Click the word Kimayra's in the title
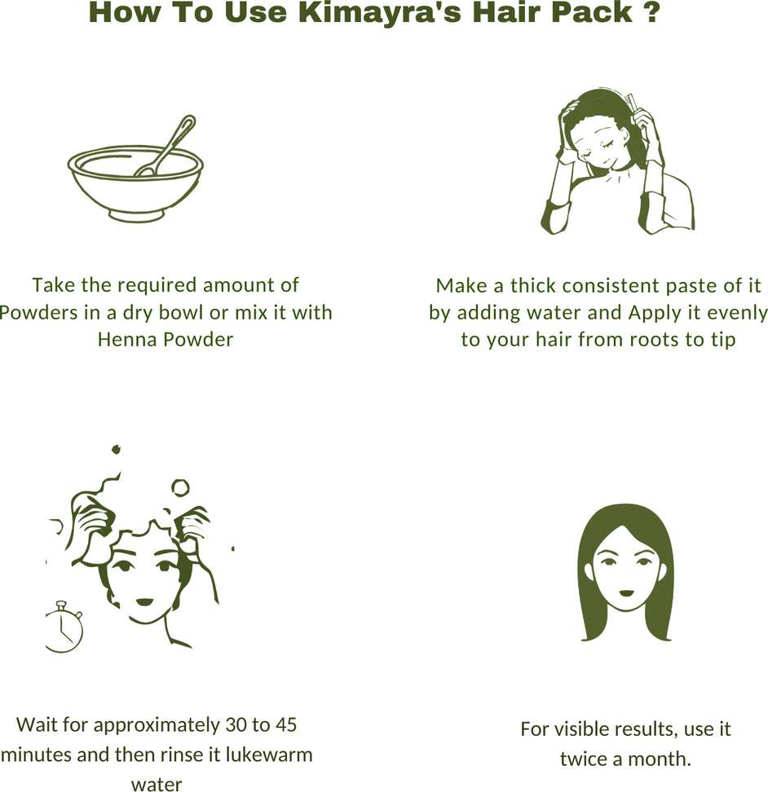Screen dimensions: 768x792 [379, 12]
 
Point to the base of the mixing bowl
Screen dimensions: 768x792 [136, 214]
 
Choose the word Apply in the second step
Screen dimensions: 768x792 [650, 313]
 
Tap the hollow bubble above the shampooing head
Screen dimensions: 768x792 [180, 488]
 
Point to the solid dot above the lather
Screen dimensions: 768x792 [117, 449]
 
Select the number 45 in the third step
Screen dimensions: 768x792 [285, 725]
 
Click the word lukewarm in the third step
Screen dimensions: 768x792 [269, 755]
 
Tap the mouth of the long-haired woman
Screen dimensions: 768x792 [627, 593]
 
